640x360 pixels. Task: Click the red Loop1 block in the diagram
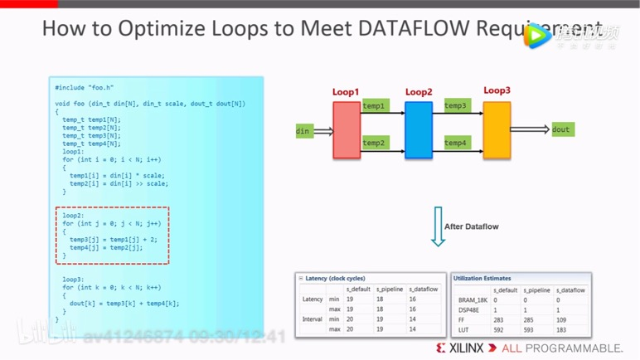pos(347,130)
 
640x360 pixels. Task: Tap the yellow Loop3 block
pos(497,130)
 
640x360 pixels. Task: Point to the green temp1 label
pos(375,106)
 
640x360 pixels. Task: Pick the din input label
pos(303,131)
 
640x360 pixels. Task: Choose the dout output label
pos(561,129)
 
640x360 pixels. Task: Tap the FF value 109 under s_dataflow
pos(564,319)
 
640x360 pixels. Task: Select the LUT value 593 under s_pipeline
pos(530,329)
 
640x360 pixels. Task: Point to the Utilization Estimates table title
pos(483,279)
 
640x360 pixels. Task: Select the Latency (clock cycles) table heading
pos(335,279)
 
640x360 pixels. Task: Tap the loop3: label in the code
pos(73,280)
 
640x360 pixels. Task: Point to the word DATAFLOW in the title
pos(414,29)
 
